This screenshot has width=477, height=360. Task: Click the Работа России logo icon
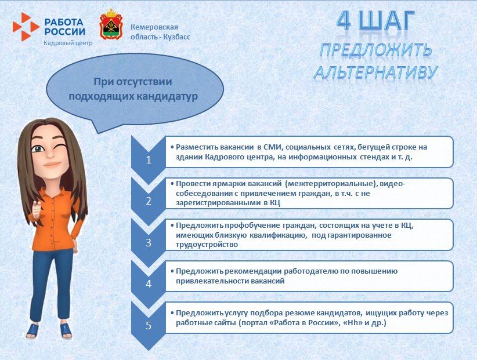[26, 26]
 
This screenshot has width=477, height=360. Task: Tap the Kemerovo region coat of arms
[110, 24]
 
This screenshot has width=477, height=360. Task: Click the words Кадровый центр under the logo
[67, 43]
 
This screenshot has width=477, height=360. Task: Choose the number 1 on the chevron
[148, 161]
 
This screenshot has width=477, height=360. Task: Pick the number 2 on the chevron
[148, 202]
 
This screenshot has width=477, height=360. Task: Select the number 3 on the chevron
[148, 243]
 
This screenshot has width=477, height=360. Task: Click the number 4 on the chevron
[148, 284]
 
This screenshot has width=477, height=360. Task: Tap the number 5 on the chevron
[148, 325]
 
